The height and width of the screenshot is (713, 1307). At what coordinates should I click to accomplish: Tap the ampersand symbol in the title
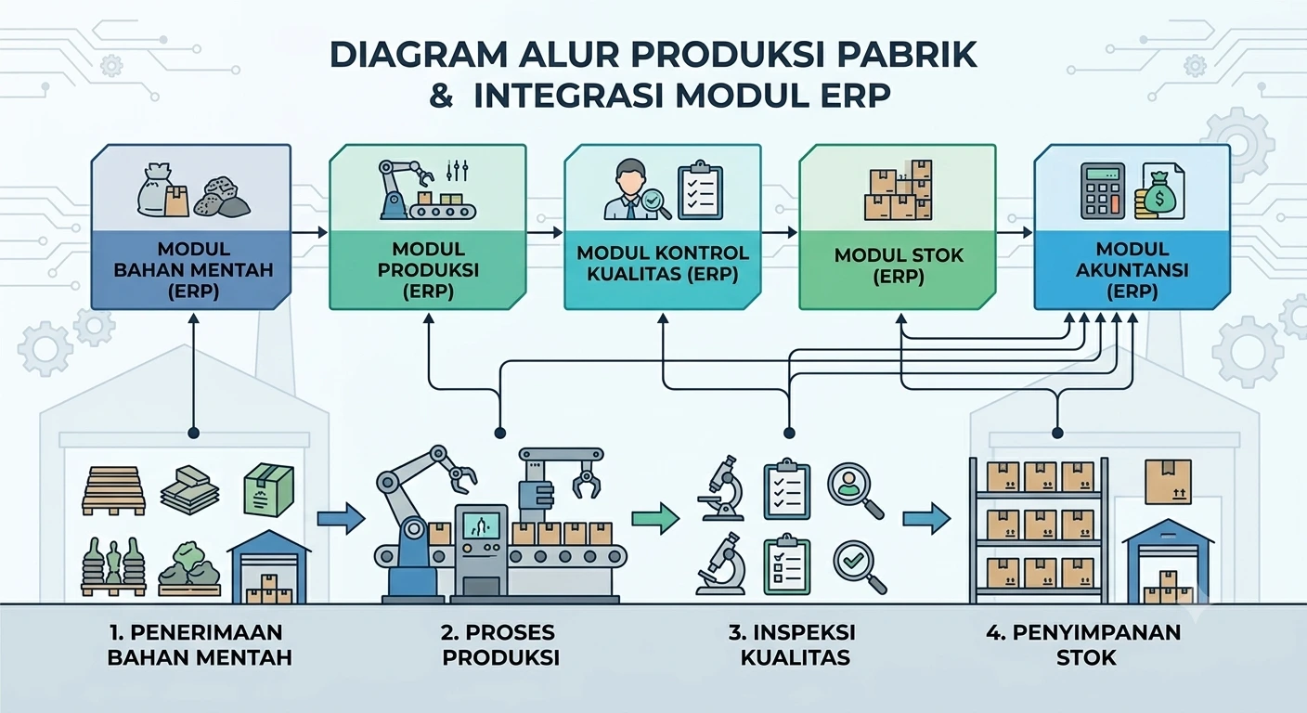(442, 96)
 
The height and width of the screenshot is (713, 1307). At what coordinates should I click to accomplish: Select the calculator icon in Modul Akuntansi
(1102, 191)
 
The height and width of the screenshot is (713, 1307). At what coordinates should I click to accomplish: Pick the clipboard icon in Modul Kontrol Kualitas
(700, 191)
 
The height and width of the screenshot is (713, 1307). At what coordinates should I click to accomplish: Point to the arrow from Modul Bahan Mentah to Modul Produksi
(309, 232)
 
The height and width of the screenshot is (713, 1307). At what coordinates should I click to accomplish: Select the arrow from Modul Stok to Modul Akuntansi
(1015, 232)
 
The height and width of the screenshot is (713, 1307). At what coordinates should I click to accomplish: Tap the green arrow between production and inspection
(655, 517)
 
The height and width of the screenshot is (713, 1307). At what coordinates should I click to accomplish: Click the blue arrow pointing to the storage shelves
(926, 517)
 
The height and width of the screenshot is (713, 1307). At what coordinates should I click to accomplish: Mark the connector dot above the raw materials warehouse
(194, 433)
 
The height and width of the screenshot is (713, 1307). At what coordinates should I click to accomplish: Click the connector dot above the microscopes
(789, 433)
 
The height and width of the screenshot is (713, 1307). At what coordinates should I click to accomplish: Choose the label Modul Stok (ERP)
(899, 266)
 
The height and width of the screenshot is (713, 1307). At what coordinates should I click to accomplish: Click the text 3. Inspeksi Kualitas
(795, 644)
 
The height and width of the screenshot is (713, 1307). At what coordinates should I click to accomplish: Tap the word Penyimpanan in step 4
(1096, 632)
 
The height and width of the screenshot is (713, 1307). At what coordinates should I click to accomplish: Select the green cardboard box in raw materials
(268, 489)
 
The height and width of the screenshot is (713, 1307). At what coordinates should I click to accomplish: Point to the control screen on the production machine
(481, 526)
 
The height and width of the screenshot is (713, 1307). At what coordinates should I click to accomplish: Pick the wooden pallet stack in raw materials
(113, 490)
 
